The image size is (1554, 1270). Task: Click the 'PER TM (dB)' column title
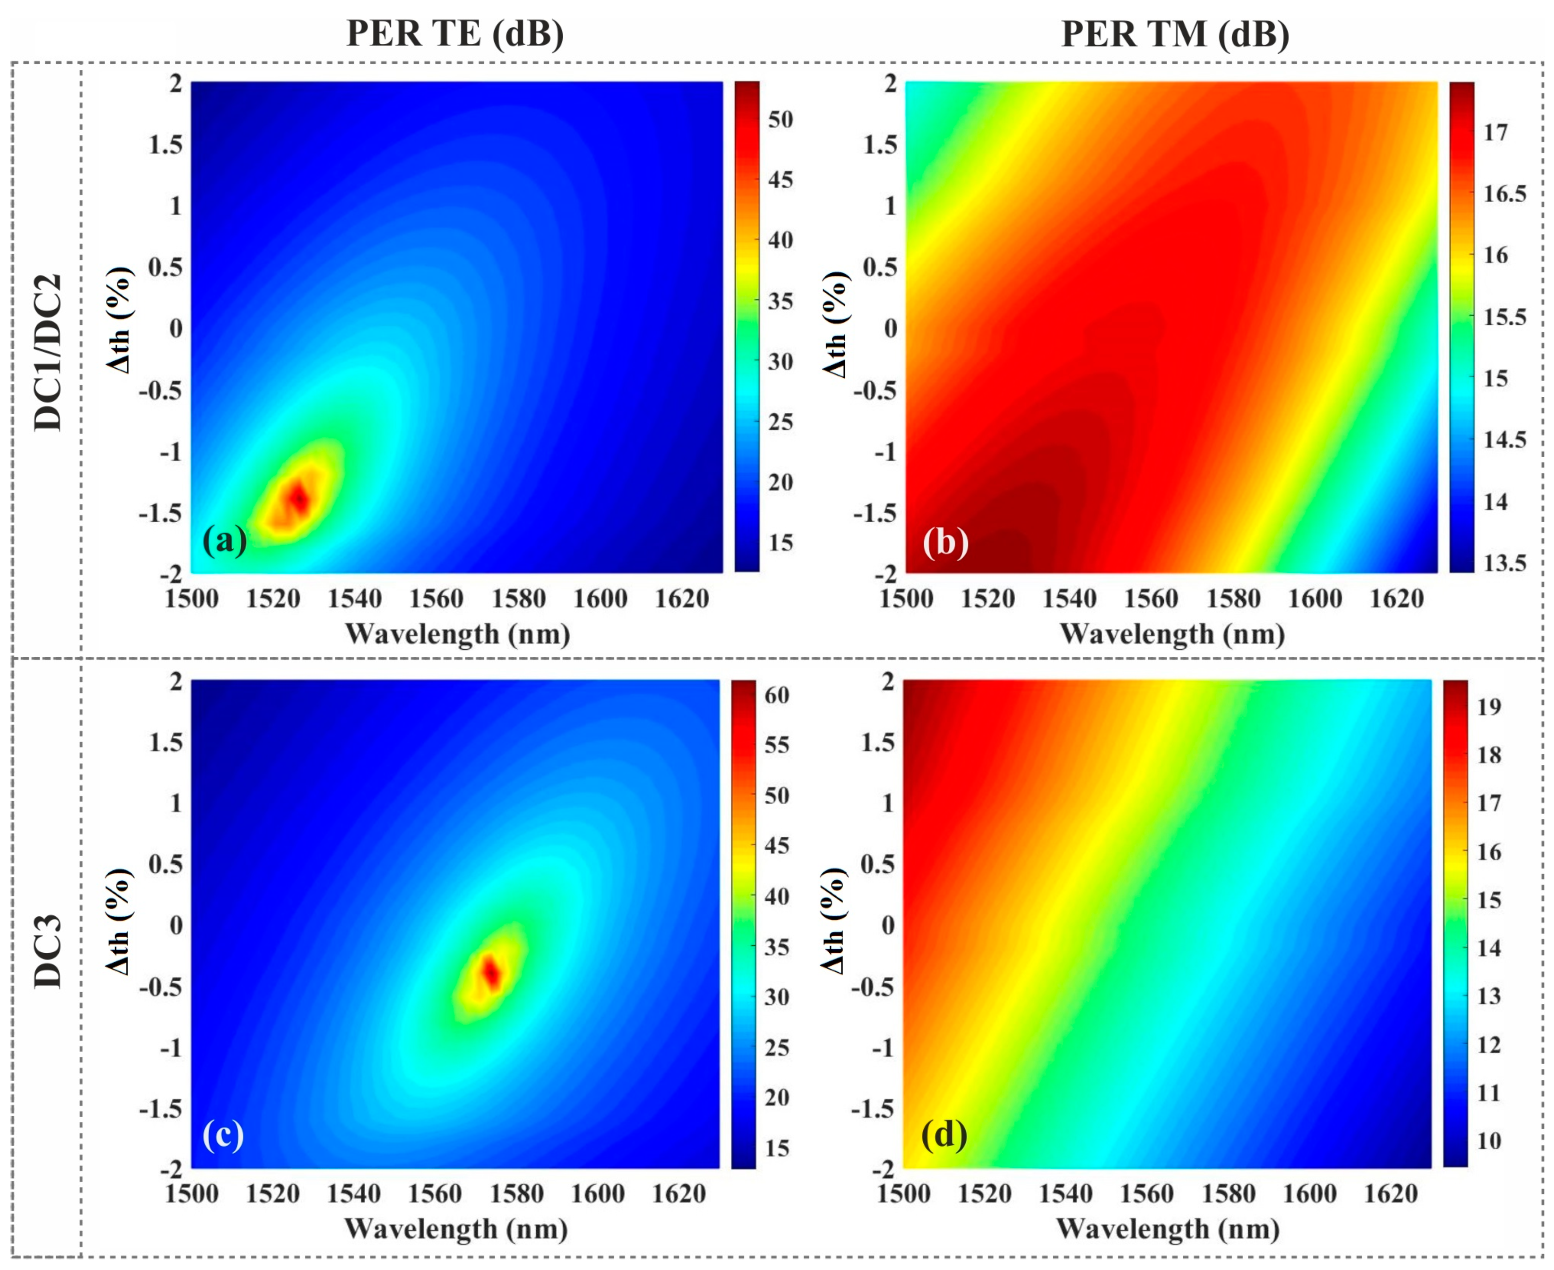1175,34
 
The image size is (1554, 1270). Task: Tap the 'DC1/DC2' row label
48,353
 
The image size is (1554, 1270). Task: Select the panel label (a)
224,541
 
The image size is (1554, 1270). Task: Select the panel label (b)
945,543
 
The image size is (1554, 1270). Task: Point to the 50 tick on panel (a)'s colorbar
781,119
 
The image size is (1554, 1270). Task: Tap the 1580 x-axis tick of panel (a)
518,599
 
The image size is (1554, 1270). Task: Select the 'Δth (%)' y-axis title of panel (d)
834,922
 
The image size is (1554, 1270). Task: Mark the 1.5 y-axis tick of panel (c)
165,743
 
